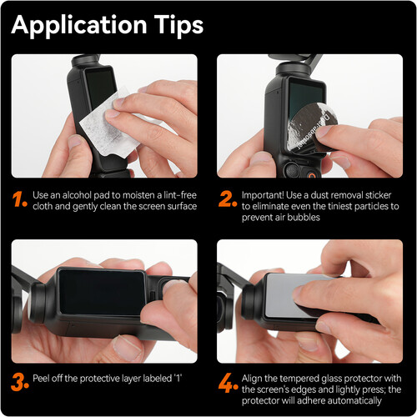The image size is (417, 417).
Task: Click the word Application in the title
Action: [x=79, y=25]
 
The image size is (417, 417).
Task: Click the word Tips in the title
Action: [x=178, y=25]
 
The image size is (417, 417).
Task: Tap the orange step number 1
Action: [x=19, y=199]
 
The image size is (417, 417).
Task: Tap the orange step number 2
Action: [x=228, y=199]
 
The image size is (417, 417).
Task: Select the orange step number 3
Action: [x=20, y=382]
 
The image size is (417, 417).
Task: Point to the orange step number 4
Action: [x=228, y=383]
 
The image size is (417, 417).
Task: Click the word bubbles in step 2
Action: [x=304, y=217]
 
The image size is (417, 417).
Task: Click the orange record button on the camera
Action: [x=312, y=175]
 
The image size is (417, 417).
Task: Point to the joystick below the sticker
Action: [x=291, y=169]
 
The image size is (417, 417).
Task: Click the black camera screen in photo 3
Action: [x=102, y=292]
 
